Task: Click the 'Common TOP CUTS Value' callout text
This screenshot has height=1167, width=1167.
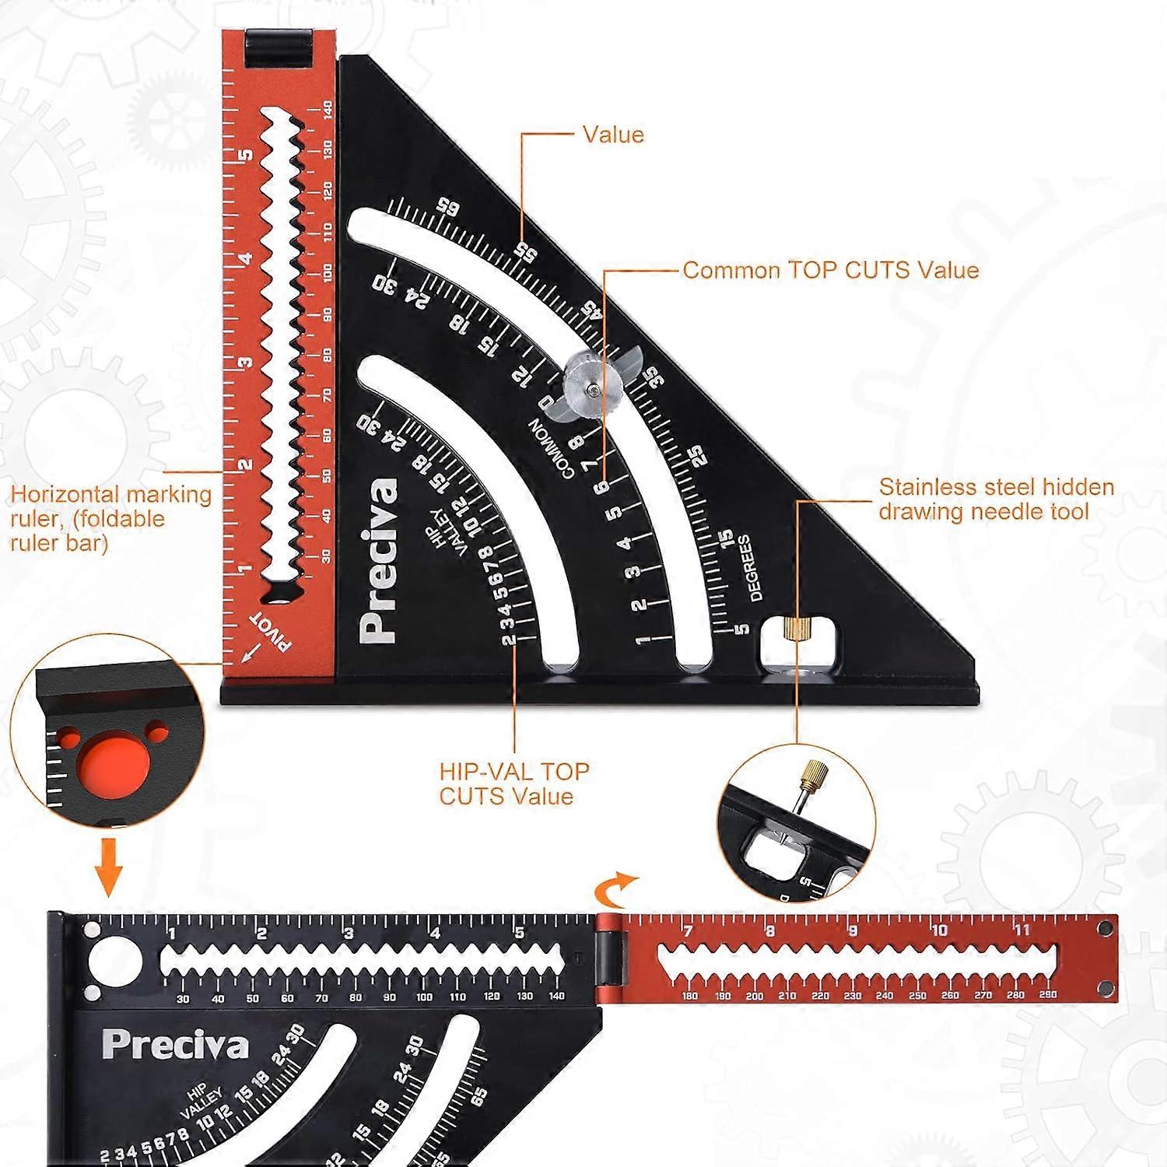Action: click(830, 270)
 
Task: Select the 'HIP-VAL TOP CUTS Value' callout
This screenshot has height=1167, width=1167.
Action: click(514, 783)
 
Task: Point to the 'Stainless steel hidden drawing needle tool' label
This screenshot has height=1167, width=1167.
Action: click(996, 499)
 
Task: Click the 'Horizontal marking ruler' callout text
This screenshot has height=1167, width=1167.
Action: click(110, 518)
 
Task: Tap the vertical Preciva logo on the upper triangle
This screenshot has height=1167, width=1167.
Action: click(379, 560)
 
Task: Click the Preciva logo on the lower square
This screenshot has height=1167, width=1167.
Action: click(175, 1045)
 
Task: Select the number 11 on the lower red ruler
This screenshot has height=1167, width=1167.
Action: click(1022, 930)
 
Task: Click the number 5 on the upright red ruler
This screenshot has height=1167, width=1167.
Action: click(247, 154)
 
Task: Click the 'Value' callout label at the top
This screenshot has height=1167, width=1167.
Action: click(613, 135)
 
